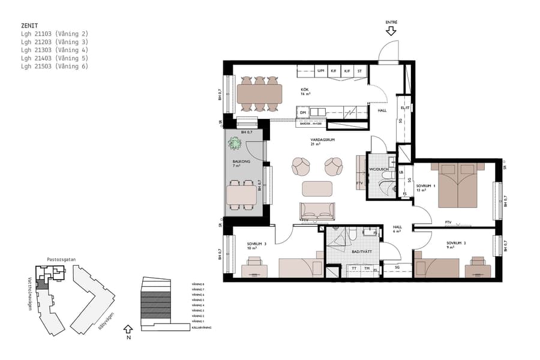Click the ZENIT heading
(29, 26)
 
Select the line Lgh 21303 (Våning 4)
(54, 50)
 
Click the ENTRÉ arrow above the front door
(391, 30)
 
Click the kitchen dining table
(259, 93)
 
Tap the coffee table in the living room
(317, 188)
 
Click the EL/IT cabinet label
(405, 107)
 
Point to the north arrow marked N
(127, 331)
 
